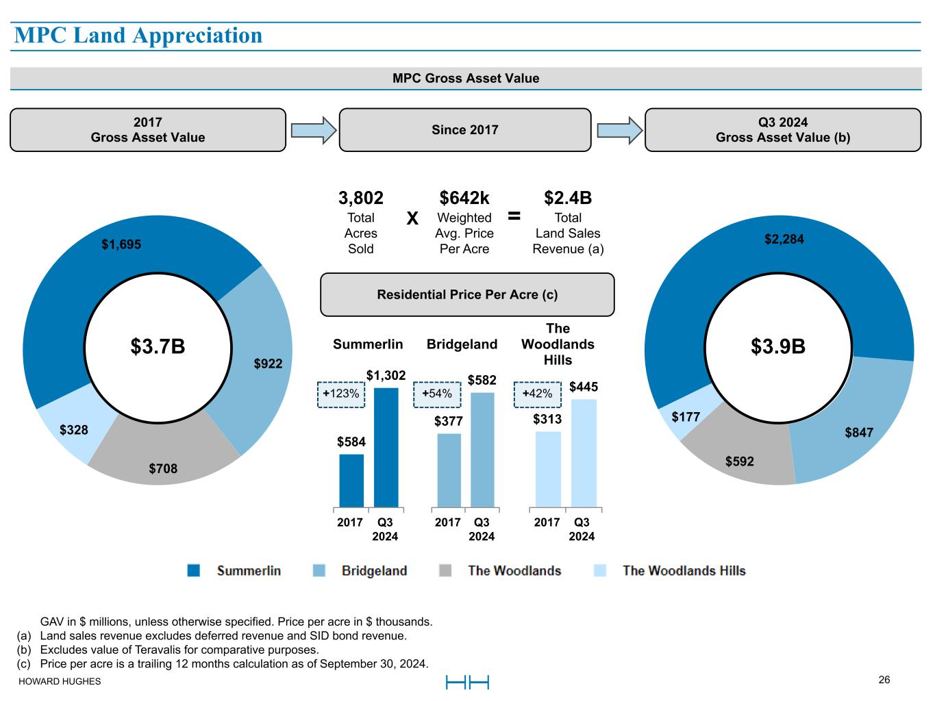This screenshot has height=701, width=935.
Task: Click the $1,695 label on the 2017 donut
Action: coord(121,244)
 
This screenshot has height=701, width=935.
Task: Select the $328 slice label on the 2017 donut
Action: coord(73,430)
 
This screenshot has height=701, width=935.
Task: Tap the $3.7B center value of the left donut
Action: coord(158,346)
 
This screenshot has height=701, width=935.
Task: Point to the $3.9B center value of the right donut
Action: coord(777,346)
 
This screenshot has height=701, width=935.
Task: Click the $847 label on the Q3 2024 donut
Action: coord(858,432)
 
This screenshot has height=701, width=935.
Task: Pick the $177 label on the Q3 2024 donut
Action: coord(685,417)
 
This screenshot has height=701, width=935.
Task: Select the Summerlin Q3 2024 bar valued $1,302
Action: coord(386,448)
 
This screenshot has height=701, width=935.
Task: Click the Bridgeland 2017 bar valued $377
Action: coord(449,470)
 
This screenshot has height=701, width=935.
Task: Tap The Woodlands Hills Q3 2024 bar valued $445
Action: coord(584,453)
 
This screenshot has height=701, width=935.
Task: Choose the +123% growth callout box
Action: coord(341,394)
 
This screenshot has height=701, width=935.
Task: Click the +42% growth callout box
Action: coord(538,394)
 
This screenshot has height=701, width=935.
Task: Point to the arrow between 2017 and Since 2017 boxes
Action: coord(313,130)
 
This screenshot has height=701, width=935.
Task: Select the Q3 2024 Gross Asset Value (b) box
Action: coord(782,130)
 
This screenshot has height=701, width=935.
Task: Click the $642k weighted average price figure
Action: coord(464,198)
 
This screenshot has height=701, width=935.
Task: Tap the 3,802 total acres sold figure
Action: coord(361,198)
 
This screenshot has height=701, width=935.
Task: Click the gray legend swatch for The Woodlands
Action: coord(445,570)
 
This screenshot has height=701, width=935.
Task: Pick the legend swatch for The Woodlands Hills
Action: coord(600,570)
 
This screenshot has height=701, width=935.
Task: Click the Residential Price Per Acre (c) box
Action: coord(467,294)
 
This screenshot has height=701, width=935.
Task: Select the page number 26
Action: coord(884,680)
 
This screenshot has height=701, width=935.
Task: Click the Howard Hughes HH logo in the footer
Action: coord(467,682)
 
